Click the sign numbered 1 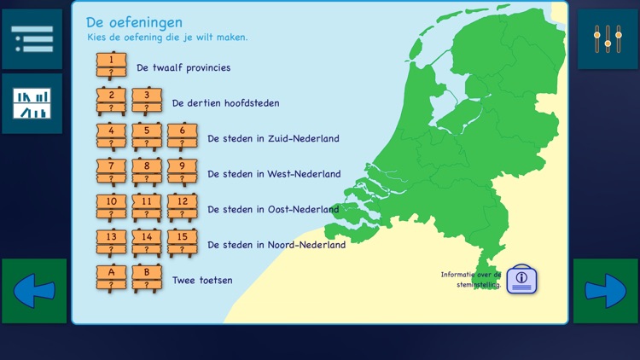(111, 66)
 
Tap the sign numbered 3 (147, 101)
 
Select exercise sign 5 (147, 136)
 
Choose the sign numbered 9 (182, 171)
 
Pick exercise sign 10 (111, 207)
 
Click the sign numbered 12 (182, 207)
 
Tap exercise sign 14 (147, 242)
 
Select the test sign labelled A (111, 278)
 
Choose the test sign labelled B (147, 278)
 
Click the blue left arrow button (34, 291)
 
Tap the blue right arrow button (606, 291)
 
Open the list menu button (32, 39)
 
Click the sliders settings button (608, 39)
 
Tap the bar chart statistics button (32, 103)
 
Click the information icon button (521, 279)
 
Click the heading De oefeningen (134, 22)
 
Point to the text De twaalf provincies (183, 67)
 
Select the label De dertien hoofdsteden (225, 103)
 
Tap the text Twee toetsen (202, 280)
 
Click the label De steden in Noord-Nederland (276, 245)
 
